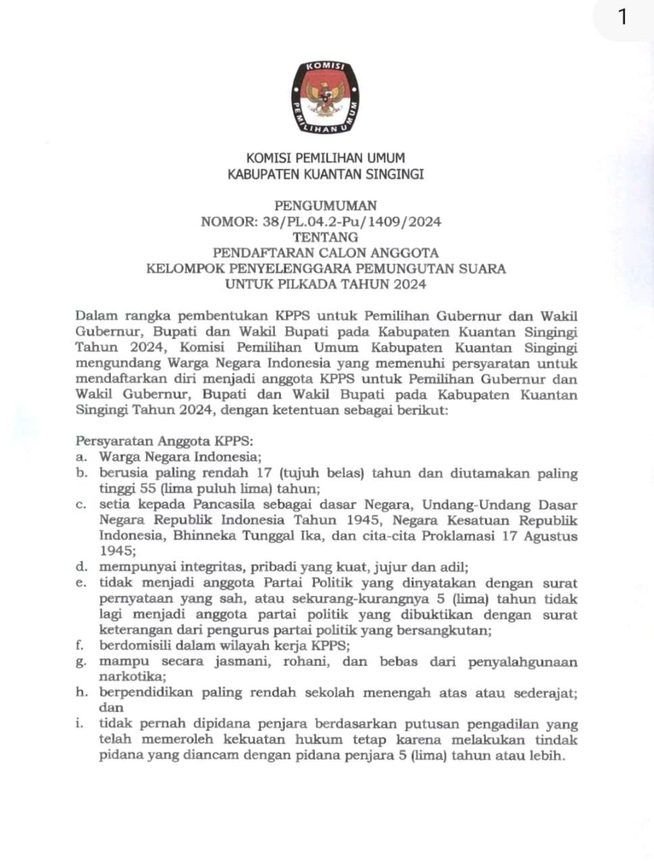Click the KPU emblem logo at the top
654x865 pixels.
(326, 98)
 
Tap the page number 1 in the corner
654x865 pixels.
(622, 17)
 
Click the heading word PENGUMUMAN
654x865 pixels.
(326, 205)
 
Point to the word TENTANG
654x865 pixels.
(326, 237)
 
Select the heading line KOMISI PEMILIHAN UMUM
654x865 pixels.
(326, 158)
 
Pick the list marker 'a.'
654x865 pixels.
(80, 458)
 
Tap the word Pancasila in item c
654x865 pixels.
(223, 505)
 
